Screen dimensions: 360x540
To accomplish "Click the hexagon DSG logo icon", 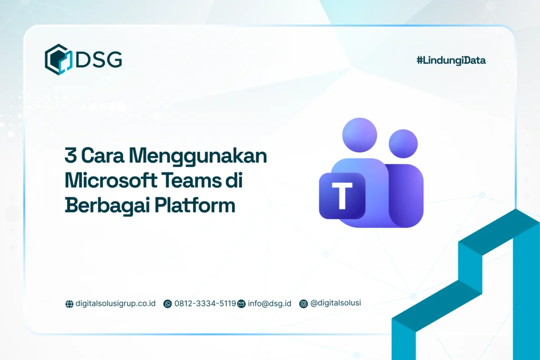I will [x=58, y=59].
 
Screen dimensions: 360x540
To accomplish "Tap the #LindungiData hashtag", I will [x=451, y=61].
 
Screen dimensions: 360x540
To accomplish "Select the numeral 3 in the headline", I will [x=70, y=157].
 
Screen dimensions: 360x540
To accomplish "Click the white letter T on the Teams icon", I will [x=342, y=196].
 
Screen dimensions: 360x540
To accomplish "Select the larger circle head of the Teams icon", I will [x=359, y=135].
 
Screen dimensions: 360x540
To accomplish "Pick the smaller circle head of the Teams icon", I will [x=403, y=143].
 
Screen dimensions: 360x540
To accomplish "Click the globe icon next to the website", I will [x=69, y=304].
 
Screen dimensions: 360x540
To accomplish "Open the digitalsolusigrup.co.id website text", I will [x=115, y=304].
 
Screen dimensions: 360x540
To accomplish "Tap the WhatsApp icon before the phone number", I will [x=168, y=304].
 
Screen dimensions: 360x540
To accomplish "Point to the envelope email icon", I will [x=242, y=304].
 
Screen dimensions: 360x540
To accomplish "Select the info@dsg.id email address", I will [x=269, y=304].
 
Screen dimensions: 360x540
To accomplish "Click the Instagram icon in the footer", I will [x=303, y=304].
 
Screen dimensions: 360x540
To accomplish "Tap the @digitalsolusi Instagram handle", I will [x=336, y=303].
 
